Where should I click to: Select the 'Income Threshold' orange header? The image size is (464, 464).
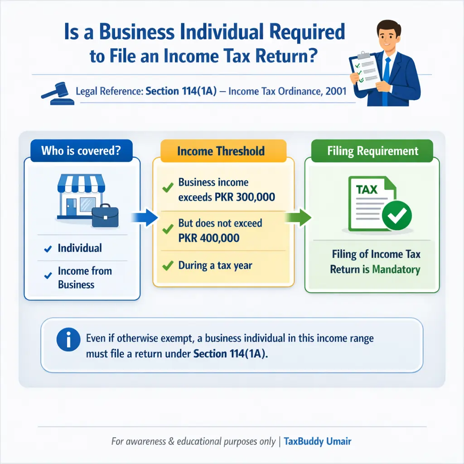point(221,151)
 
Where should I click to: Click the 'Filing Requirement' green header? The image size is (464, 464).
point(372,151)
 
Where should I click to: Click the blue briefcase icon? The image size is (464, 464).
point(105,217)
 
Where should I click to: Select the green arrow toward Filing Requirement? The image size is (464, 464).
point(299,217)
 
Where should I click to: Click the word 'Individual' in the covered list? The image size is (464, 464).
point(80,248)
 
